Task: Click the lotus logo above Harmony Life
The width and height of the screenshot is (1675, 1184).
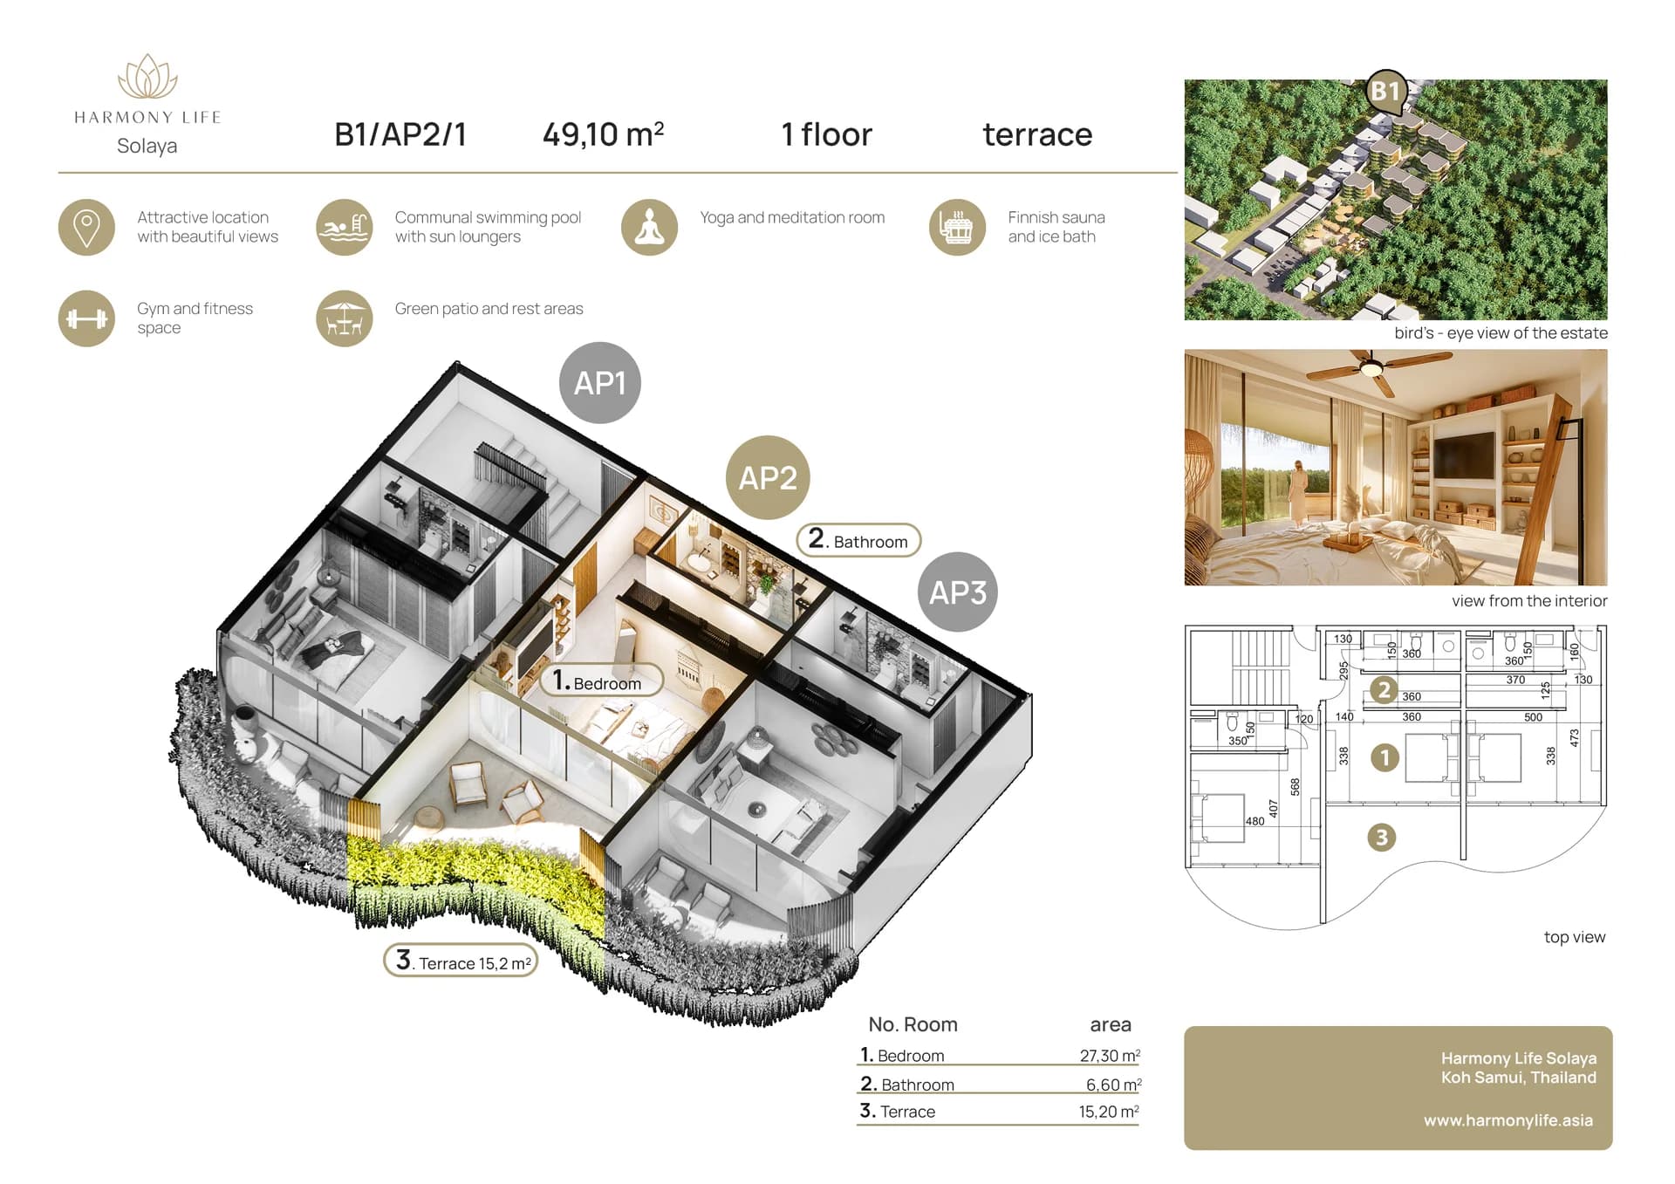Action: pos(147,77)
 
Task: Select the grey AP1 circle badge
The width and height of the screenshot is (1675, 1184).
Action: pos(600,383)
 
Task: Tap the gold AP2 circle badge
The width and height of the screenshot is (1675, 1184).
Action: pos(768,477)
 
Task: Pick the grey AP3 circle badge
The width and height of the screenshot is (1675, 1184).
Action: pos(957,592)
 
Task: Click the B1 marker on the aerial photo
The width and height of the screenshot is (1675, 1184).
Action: pos(1385,92)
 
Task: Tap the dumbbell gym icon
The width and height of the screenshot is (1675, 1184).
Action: pos(86,318)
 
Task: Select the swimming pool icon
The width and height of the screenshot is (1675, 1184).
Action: pos(345,228)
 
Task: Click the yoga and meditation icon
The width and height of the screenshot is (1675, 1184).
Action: pos(649,228)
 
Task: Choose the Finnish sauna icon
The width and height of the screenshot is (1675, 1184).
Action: pos(957,228)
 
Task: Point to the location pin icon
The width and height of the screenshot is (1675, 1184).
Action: pos(86,228)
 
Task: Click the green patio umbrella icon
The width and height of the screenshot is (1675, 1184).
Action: pos(345,318)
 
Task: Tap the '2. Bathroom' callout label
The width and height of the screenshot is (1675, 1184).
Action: pos(858,540)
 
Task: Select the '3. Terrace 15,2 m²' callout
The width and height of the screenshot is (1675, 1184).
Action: pos(461,961)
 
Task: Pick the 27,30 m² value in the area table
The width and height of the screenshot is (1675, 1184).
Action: pos(1110,1056)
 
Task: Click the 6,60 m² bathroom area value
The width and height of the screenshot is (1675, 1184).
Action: pos(1113,1085)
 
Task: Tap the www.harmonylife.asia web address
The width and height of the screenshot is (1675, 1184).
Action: pos(1508,1120)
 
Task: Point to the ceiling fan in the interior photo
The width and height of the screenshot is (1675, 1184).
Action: pos(1371,369)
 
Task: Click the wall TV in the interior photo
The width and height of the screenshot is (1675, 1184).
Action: pos(1464,456)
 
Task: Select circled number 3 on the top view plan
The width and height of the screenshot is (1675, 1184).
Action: pos(1381,838)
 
